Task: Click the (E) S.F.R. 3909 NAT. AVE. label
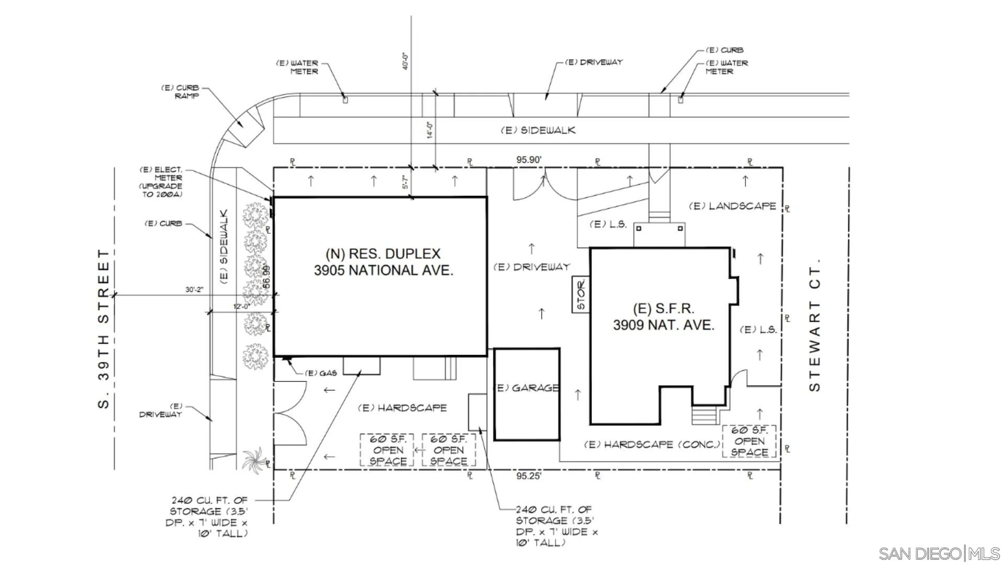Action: (x=664, y=317)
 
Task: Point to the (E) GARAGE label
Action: (x=527, y=388)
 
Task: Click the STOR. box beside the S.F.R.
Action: (x=580, y=295)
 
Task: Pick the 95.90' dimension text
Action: (x=529, y=160)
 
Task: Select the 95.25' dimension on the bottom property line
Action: (x=529, y=476)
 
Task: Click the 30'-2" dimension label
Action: (x=194, y=290)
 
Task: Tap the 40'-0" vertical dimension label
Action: (x=406, y=61)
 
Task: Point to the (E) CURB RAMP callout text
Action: (x=180, y=92)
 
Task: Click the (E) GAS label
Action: (x=321, y=373)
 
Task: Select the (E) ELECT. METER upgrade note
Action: (x=161, y=182)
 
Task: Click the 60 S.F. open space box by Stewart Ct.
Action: (x=749, y=441)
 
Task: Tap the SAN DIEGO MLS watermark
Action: (x=939, y=553)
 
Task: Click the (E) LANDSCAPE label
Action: (x=732, y=206)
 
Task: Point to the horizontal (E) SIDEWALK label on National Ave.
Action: (x=538, y=130)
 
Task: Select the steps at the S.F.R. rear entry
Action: (x=704, y=415)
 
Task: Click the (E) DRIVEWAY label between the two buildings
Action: (x=532, y=267)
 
